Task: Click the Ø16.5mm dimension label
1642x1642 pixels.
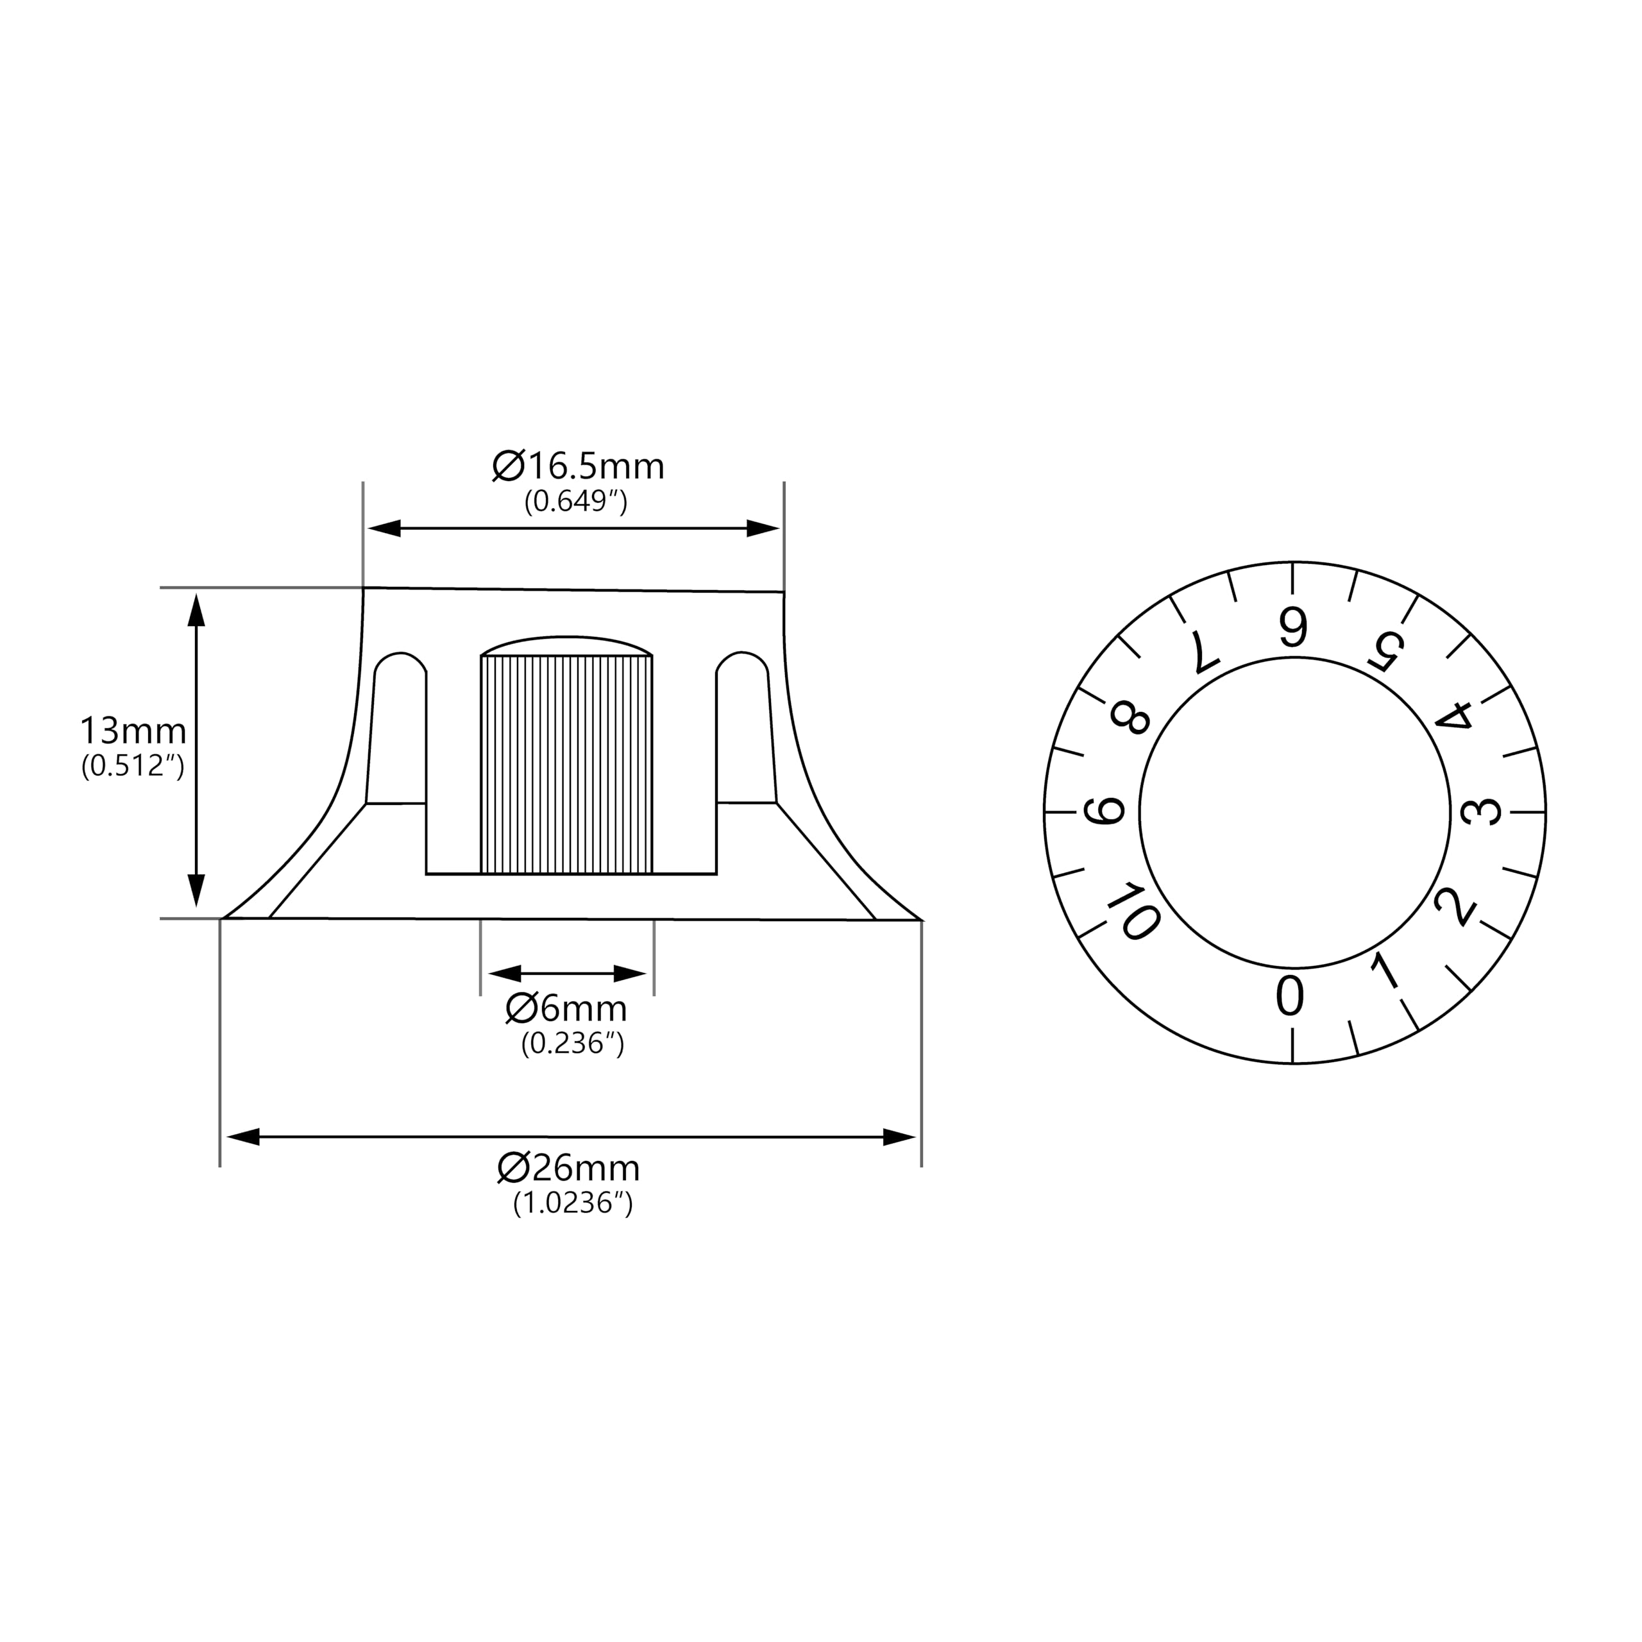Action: [x=578, y=466]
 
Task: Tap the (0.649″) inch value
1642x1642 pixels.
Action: [x=576, y=502]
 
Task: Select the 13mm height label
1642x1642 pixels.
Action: [x=133, y=731]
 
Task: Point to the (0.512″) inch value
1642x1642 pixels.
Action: [x=133, y=766]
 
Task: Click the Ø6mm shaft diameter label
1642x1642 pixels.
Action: [x=566, y=1009]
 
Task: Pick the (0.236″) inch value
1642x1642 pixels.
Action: [x=573, y=1043]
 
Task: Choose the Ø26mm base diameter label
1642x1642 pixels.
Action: [x=568, y=1168]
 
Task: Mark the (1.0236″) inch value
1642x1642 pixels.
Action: [x=573, y=1203]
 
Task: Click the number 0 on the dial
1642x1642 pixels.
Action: [x=1290, y=996]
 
